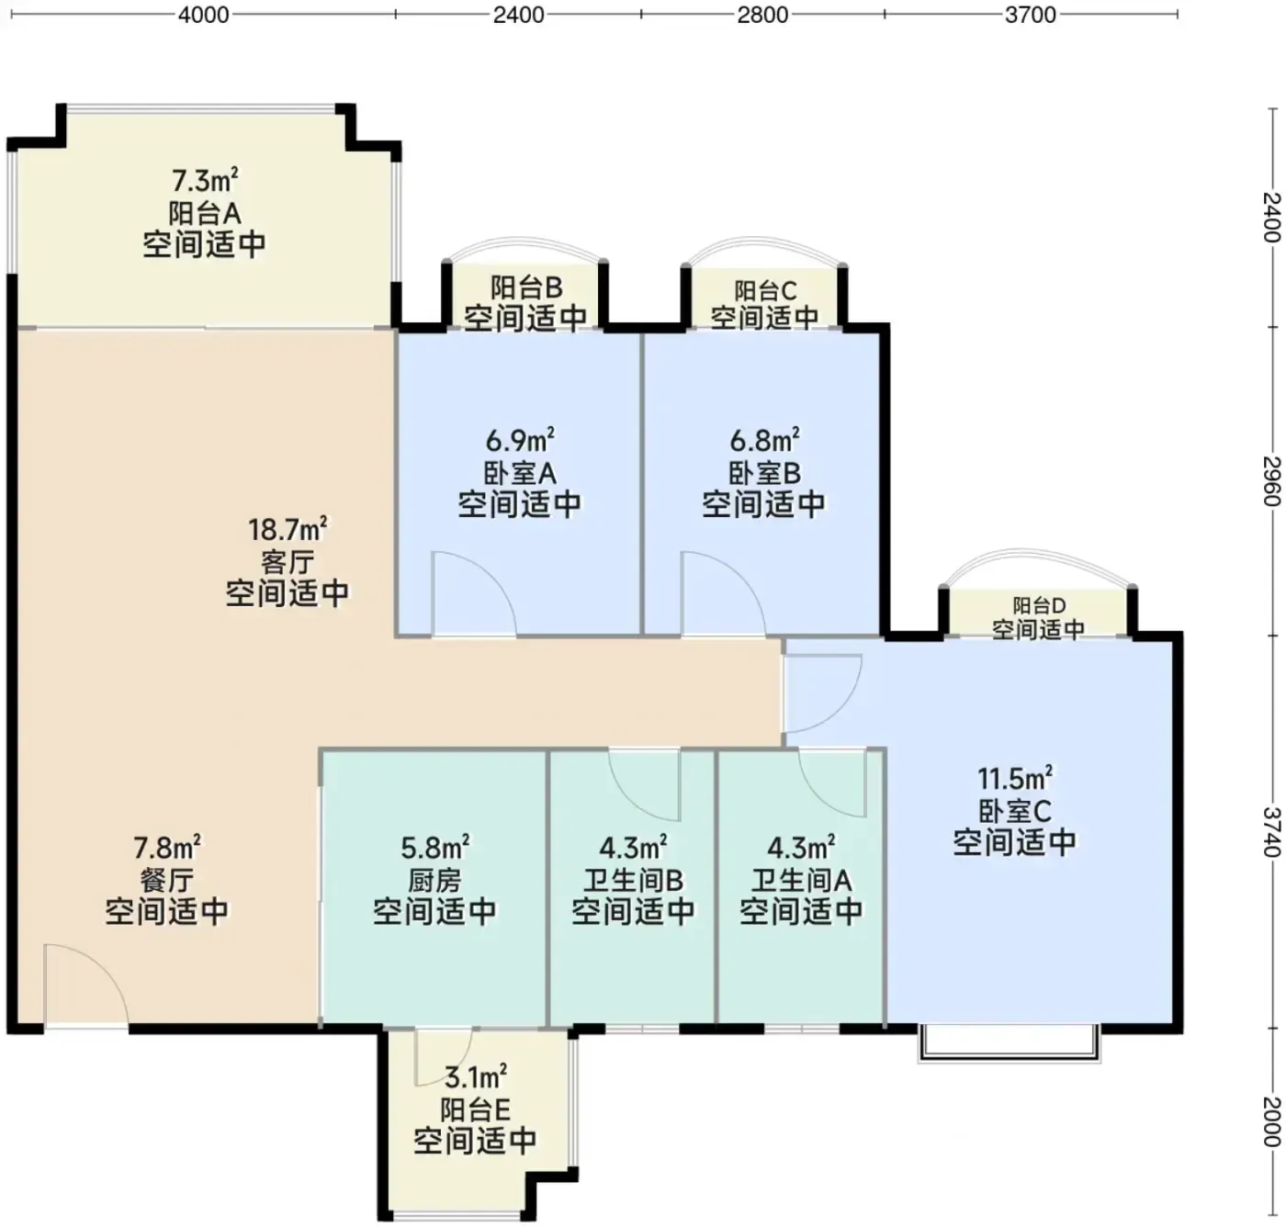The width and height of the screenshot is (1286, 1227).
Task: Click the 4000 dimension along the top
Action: tap(203, 15)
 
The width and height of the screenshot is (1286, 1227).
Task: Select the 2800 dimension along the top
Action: tap(762, 15)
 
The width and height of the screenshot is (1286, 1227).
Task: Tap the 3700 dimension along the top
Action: tap(1031, 15)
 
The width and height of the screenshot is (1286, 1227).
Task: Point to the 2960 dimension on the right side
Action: tap(1270, 481)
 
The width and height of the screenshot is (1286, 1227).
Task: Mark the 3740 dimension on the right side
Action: tap(1270, 832)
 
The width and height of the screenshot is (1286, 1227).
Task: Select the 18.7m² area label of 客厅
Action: tap(288, 529)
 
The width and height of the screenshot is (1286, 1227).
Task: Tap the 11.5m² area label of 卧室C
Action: tap(1014, 778)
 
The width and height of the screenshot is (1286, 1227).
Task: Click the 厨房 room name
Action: tap(434, 881)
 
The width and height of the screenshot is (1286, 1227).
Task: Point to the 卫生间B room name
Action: tap(633, 881)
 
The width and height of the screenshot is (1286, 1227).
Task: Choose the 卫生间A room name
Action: tap(801, 881)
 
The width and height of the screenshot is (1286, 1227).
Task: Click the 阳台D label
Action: tap(1040, 605)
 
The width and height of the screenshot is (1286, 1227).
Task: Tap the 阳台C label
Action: tap(764, 290)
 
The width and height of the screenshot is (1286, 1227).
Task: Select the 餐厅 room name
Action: tap(167, 881)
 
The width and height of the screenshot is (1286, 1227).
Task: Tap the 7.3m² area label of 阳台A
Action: tap(204, 181)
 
